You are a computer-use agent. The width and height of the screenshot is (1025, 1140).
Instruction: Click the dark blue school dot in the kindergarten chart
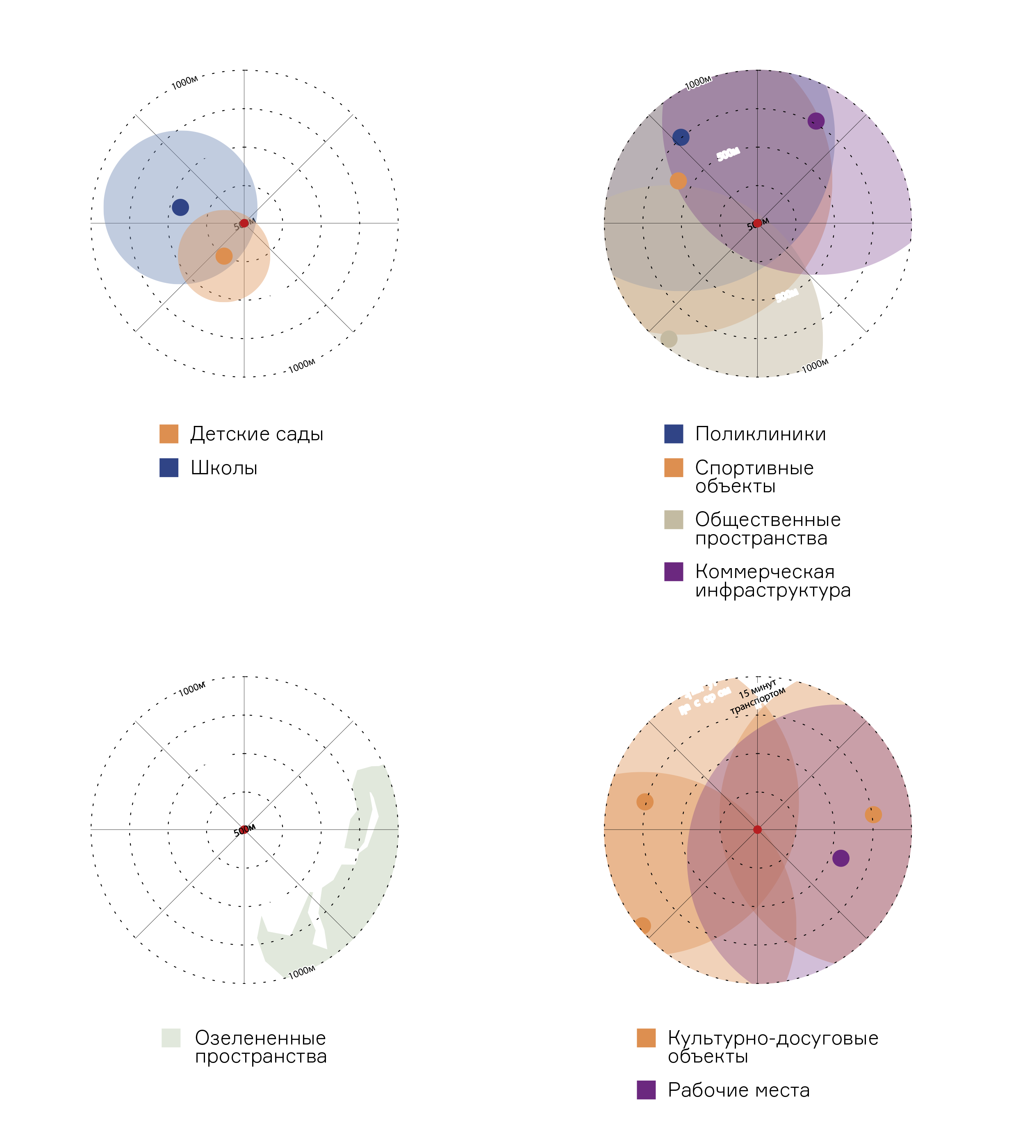click(180, 207)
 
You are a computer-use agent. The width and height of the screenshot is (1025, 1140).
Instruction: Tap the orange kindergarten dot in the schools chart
click(224, 256)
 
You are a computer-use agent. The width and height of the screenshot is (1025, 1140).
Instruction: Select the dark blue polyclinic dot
click(681, 137)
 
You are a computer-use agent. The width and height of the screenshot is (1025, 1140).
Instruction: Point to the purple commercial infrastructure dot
click(816, 121)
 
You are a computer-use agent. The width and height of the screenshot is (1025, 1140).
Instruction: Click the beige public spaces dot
click(668, 339)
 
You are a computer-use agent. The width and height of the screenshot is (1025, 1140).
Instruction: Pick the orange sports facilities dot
click(678, 181)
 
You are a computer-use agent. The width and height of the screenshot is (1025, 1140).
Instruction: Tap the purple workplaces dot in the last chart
click(841, 858)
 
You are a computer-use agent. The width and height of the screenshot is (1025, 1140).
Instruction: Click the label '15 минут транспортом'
click(758, 697)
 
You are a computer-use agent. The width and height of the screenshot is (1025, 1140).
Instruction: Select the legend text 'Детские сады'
click(257, 434)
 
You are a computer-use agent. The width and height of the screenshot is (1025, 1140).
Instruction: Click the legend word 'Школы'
click(224, 468)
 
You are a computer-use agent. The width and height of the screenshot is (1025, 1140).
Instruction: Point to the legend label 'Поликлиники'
click(760, 434)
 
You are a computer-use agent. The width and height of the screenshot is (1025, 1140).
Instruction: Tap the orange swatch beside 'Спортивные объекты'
click(674, 468)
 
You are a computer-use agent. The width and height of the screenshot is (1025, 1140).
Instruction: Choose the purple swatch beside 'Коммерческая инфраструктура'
click(674, 571)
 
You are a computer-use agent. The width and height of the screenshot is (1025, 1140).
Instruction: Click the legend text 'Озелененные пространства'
click(261, 1047)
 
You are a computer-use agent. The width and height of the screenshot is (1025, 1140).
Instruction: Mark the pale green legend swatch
click(171, 1038)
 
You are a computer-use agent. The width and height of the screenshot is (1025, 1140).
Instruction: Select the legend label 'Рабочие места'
click(738, 1090)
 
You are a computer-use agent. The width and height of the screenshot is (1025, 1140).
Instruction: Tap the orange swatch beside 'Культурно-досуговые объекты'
click(646, 1038)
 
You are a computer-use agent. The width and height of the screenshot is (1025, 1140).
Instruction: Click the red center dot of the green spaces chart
click(244, 829)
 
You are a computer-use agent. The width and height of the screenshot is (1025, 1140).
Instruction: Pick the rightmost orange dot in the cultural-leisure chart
click(873, 815)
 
